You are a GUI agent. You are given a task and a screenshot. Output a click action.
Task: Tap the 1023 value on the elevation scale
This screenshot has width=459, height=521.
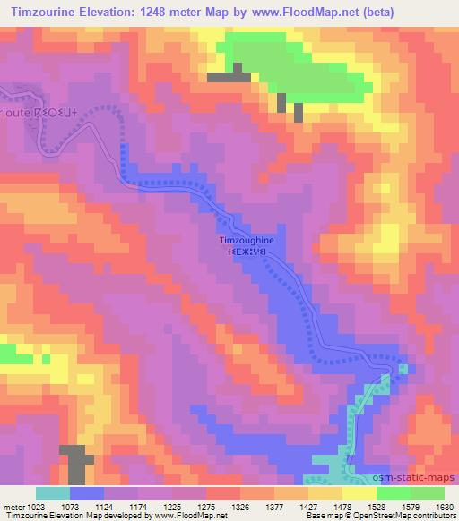click(35, 506)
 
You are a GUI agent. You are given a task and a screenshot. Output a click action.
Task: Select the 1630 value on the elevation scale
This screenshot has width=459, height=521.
click(444, 506)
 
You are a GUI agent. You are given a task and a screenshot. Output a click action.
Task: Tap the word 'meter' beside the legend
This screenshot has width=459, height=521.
click(12, 506)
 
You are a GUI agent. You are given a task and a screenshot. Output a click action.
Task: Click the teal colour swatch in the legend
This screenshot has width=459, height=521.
click(52, 493)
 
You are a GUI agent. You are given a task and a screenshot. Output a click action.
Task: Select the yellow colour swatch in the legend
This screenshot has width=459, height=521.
click(359, 493)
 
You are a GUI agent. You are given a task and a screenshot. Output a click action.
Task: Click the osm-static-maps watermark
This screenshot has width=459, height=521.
click(421, 479)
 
